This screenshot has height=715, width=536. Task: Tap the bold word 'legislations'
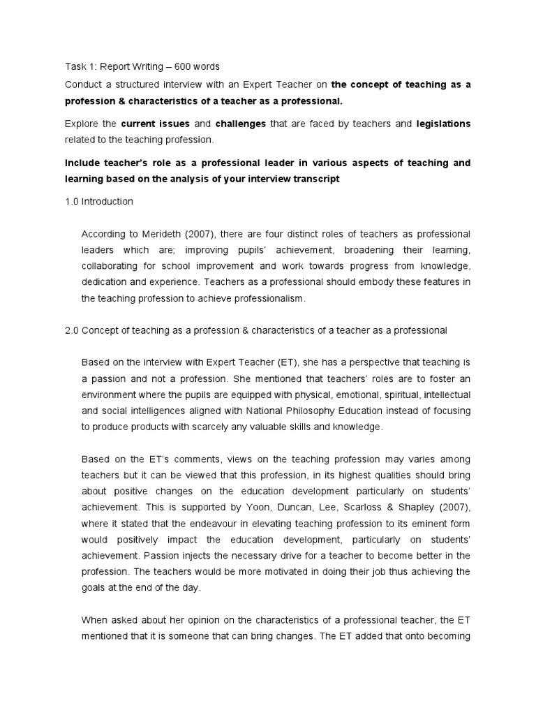coord(443,124)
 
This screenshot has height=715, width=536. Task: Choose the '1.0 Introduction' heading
coord(98,202)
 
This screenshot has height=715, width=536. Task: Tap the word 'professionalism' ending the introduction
coord(269,298)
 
